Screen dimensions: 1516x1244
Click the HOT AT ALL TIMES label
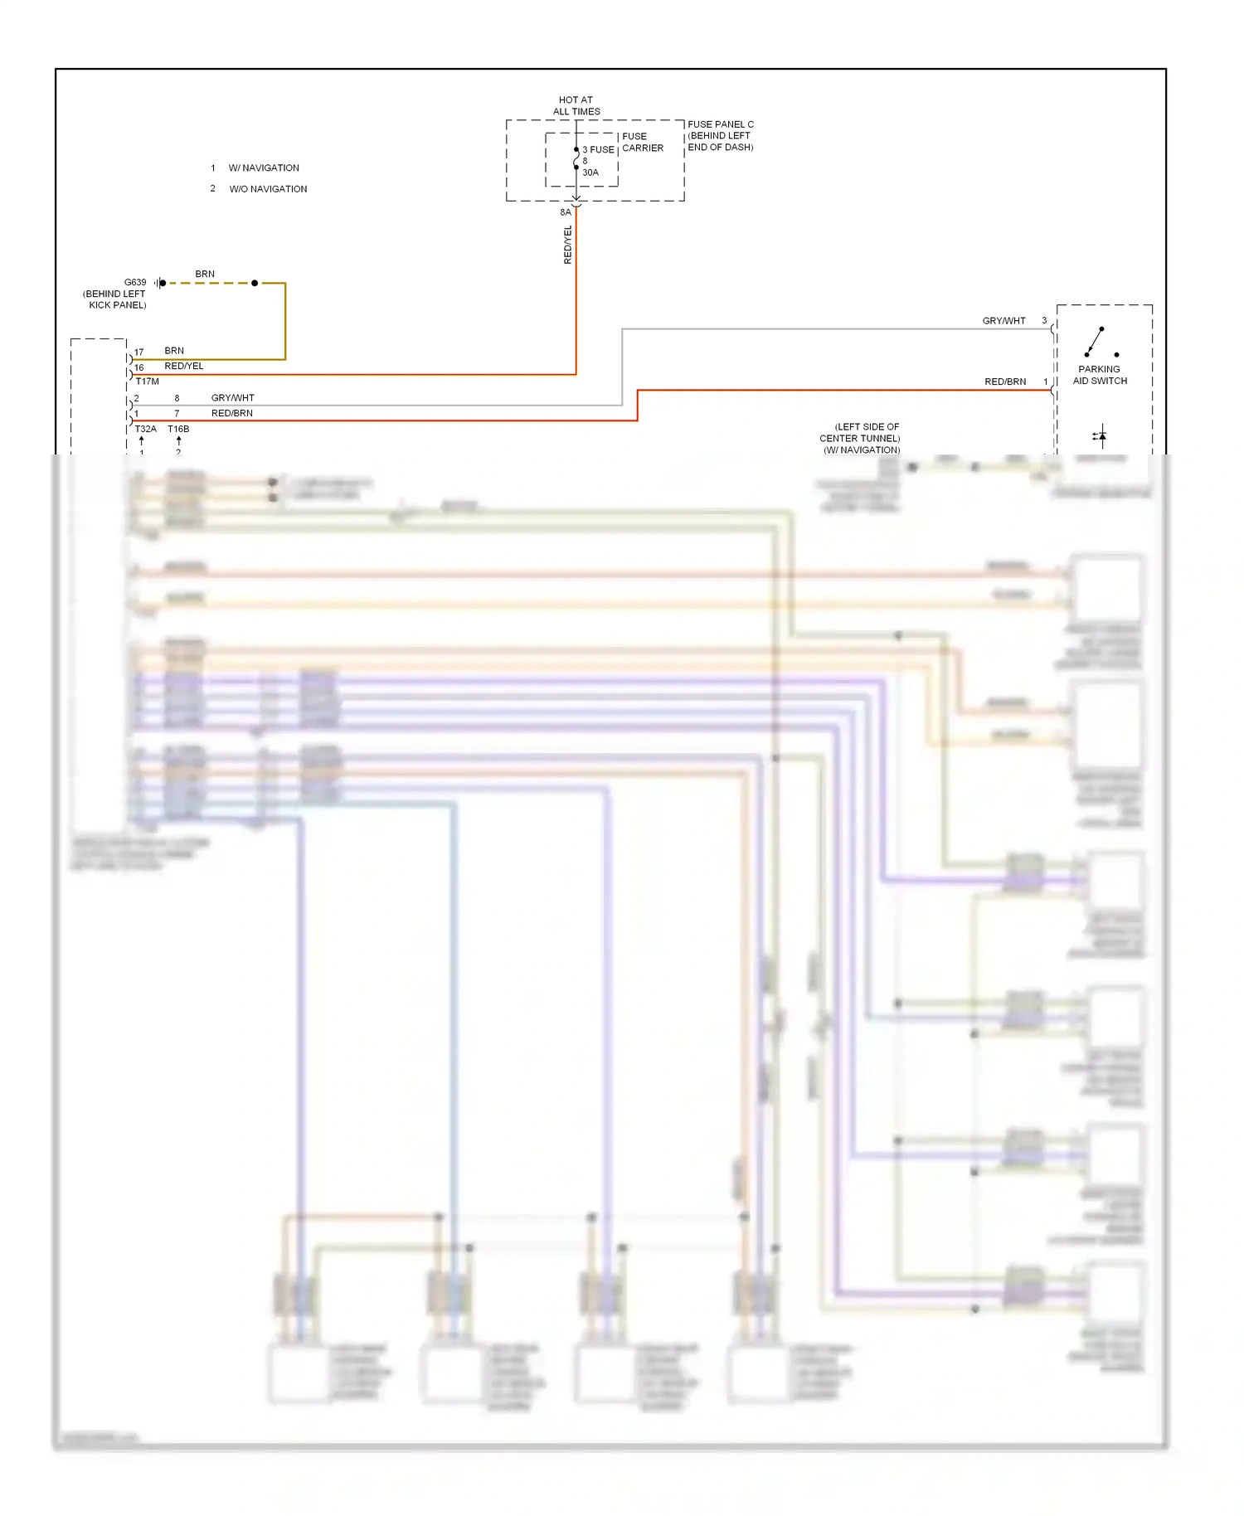pos(576,105)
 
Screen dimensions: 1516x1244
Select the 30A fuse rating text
pos(590,172)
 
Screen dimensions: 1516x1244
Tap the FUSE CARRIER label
pos(642,142)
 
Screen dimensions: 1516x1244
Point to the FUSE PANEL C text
pos(720,124)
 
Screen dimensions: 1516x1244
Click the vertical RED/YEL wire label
pos(568,245)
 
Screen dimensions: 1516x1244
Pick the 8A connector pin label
pos(565,212)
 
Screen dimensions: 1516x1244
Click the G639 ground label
pos(135,282)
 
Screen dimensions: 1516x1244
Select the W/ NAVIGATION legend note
pos(264,168)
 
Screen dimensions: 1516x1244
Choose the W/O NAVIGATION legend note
pos(268,189)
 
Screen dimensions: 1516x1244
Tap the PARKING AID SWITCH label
pos(1100,375)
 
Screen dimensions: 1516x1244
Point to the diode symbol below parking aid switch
pos(1101,435)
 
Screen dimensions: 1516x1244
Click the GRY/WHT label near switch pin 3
pos(1003,321)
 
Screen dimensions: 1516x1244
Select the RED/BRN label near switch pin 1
pos(1004,381)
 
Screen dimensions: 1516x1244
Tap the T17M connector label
pos(147,381)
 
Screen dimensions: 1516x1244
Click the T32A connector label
pos(145,429)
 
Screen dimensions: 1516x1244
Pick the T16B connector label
pos(178,429)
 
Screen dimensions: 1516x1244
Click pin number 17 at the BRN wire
pos(138,352)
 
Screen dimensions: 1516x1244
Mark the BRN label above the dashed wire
pos(205,274)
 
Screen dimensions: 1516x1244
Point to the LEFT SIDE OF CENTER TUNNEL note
pos(860,438)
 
